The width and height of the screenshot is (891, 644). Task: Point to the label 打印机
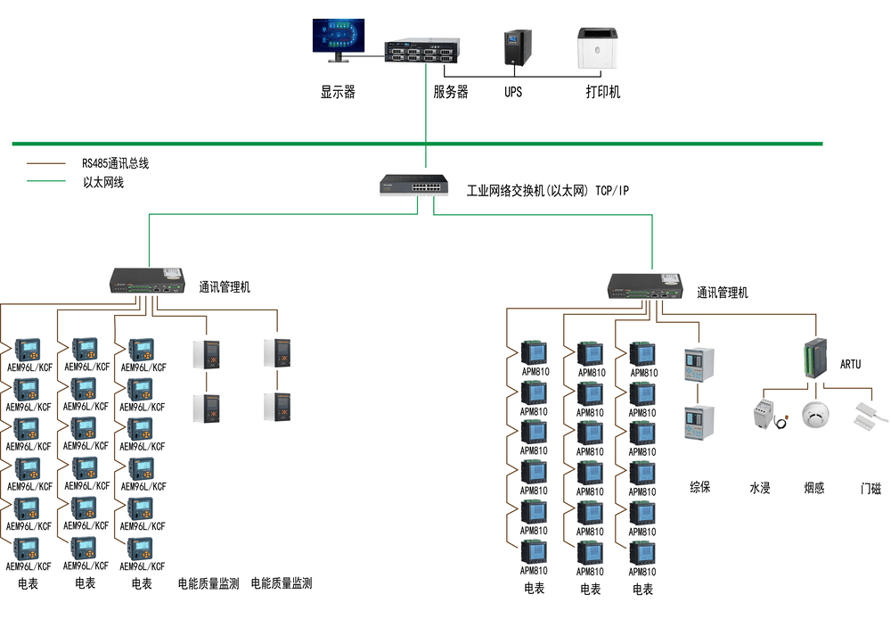pos(602,92)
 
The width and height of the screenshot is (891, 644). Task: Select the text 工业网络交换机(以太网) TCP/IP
pos(547,190)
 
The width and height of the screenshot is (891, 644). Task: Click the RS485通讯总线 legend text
pos(115,163)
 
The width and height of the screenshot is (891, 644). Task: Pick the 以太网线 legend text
pos(103,182)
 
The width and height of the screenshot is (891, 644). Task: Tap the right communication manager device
pos(644,285)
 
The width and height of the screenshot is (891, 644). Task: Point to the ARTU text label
pos(851,365)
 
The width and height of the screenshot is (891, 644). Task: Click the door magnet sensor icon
pos(868,413)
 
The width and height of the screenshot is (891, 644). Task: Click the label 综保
pos(700,487)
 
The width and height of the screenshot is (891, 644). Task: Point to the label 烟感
pos(813,488)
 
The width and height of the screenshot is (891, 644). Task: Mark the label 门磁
pos(870,489)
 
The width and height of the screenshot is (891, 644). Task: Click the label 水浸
pos(759,488)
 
